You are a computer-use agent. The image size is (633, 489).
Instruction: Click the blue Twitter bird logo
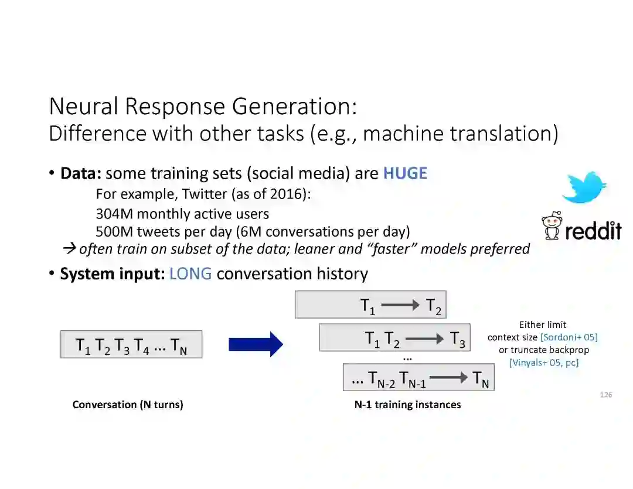pyautogui.click(x=584, y=187)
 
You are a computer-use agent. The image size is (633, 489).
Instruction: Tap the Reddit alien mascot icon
pyautogui.click(x=552, y=226)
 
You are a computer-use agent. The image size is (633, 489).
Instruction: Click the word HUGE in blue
pyautogui.click(x=405, y=173)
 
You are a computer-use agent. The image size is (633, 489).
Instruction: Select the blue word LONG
pyautogui.click(x=190, y=273)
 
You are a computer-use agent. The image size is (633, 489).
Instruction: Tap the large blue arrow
pyautogui.click(x=256, y=344)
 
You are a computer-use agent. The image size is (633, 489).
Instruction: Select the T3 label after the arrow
pyautogui.click(x=457, y=339)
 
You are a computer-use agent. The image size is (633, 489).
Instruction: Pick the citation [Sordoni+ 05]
pyautogui.click(x=569, y=337)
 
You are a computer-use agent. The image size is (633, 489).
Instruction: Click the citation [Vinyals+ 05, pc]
pyautogui.click(x=544, y=363)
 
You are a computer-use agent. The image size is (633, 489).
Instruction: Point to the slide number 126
pyautogui.click(x=606, y=395)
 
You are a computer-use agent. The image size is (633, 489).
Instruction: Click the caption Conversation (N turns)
pyautogui.click(x=128, y=405)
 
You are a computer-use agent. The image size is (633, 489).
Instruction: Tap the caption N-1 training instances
pyautogui.click(x=407, y=405)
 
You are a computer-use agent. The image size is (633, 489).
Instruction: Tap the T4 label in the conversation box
pyautogui.click(x=141, y=346)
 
